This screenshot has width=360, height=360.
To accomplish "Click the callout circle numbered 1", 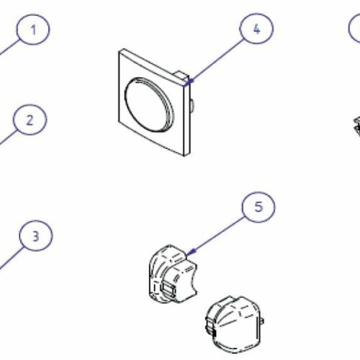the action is pyautogui.click(x=33, y=30).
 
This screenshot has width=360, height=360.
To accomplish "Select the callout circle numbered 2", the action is pyautogui.click(x=30, y=120).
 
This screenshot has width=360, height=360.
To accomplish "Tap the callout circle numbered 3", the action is pyautogui.click(x=36, y=235).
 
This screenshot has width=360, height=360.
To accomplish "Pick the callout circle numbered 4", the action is pyautogui.click(x=256, y=29).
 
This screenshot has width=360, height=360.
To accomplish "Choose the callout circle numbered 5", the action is pyautogui.click(x=258, y=207).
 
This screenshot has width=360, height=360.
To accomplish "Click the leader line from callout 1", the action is pyautogui.click(x=9, y=48).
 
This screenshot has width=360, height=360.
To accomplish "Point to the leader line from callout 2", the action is pyautogui.click(x=8, y=138).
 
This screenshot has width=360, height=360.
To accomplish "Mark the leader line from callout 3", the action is pyautogui.click(x=11, y=258).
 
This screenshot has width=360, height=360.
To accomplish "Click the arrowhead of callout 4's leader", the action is pyautogui.click(x=189, y=82).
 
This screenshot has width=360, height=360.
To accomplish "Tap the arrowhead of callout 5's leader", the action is pyautogui.click(x=191, y=252).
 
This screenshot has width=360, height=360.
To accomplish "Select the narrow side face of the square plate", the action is pyautogui.click(x=187, y=117).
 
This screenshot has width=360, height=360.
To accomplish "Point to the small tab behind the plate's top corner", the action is pyautogui.click(x=181, y=75).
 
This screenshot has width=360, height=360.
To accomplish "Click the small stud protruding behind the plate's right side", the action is pyautogui.click(x=192, y=104).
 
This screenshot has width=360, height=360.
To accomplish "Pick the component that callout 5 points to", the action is pyautogui.click(x=173, y=274).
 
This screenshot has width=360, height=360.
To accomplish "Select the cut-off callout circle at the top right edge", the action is pyautogui.click(x=354, y=28).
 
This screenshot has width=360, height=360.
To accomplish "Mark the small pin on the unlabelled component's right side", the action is pyautogui.click(x=262, y=321).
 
